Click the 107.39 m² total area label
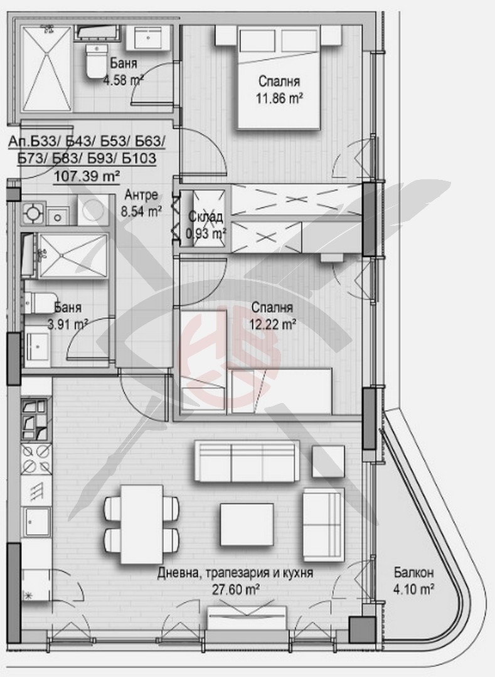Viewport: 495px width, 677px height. click(x=87, y=176)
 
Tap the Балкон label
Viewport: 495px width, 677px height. click(x=413, y=573)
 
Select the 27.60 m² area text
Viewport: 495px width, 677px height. click(x=236, y=589)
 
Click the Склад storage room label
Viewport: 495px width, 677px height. click(x=206, y=217)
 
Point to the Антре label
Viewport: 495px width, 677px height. click(x=141, y=195)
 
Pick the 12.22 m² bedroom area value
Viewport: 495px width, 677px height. click(x=272, y=324)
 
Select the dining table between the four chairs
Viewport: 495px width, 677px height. click(x=142, y=523)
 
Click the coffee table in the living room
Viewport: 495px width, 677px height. click(x=247, y=524)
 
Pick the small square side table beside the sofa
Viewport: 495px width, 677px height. click(x=328, y=461)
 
